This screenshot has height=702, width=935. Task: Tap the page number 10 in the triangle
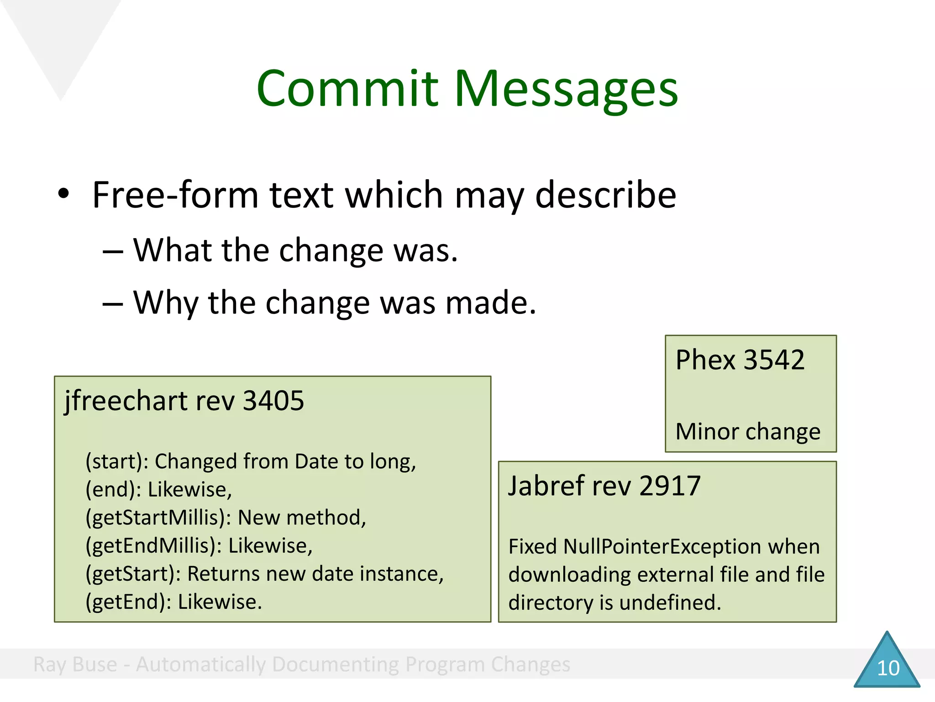pyautogui.click(x=888, y=668)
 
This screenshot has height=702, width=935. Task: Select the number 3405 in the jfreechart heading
pyautogui.click(x=273, y=401)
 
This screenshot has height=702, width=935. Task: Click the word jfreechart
pyautogui.click(x=126, y=401)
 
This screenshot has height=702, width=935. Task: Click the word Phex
pyautogui.click(x=706, y=360)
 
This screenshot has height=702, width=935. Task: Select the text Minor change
pyautogui.click(x=747, y=432)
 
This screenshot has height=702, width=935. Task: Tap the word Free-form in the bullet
pyautogui.click(x=176, y=195)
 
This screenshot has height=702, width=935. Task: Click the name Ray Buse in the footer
pyautogui.click(x=75, y=665)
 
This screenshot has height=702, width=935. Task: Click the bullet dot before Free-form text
pyautogui.click(x=63, y=194)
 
